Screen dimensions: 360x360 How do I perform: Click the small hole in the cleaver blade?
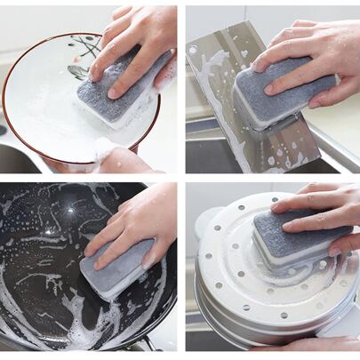(192, 51)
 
